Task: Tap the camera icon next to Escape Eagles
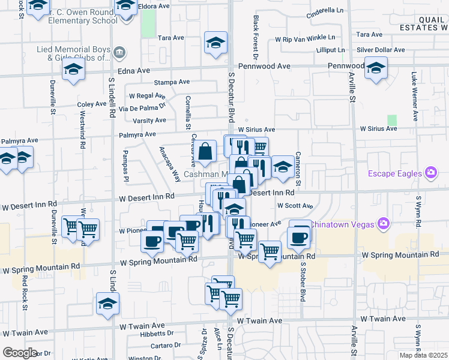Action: [430, 174]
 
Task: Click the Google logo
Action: [20, 353]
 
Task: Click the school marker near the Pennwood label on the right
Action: [376, 68]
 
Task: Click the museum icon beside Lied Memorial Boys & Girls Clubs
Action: [119, 52]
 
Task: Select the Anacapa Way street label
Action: [169, 164]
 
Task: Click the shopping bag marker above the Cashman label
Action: [205, 152]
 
